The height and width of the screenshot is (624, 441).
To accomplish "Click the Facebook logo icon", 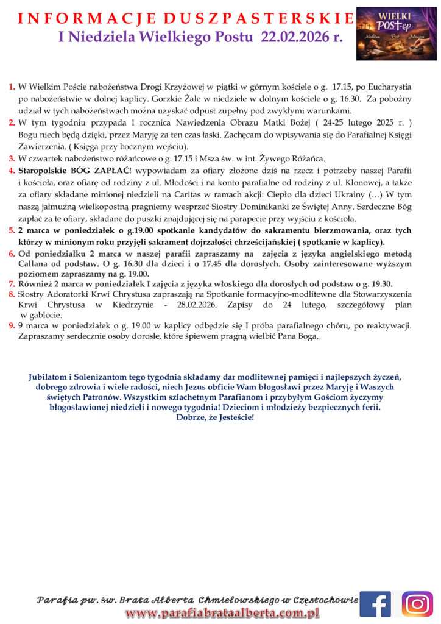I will tap(375, 604).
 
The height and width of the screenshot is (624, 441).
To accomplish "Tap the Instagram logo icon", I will tap(418, 604).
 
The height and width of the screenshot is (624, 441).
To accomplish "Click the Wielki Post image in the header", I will tap(396, 34).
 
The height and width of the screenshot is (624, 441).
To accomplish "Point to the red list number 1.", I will tap(12, 88).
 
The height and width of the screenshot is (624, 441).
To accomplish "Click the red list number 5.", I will tap(12, 231).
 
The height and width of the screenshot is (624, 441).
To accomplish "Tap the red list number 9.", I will tap(12, 326).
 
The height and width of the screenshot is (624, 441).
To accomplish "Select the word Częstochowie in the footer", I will tap(325, 600).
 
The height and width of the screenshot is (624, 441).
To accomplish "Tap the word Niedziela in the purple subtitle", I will tap(101, 37).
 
